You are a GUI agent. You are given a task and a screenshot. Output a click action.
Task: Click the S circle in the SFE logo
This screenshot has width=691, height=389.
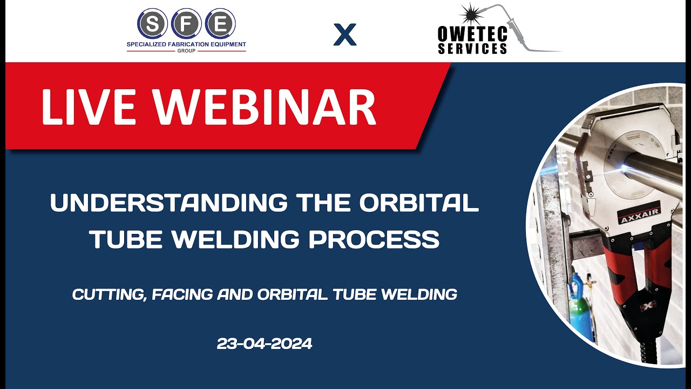click(x=153, y=23)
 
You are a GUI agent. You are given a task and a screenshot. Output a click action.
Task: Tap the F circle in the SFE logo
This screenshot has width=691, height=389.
click(x=186, y=23)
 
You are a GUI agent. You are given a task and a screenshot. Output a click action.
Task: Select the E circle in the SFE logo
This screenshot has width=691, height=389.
click(x=220, y=23)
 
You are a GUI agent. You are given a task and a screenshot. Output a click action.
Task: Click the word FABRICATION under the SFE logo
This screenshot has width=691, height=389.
click(x=187, y=44)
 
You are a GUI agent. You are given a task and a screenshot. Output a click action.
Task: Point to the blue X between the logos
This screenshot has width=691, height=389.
click(x=345, y=35)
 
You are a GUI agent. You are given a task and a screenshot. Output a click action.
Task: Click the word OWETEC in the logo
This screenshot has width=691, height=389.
click(x=472, y=34)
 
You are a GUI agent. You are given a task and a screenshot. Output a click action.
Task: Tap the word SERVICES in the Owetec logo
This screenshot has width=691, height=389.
click(x=472, y=48)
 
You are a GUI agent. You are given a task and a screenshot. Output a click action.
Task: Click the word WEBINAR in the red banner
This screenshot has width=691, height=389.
click(x=270, y=106)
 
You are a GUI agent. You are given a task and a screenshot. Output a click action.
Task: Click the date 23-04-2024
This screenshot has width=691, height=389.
click(x=265, y=344)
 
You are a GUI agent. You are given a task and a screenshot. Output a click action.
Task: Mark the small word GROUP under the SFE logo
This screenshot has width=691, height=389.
click(x=186, y=51)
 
